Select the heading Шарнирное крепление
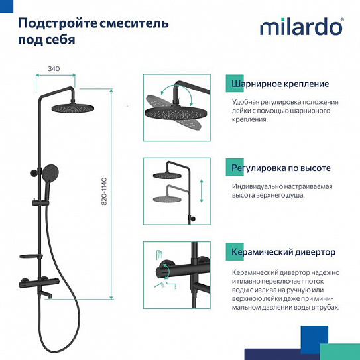pos(280,84)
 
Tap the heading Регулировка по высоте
pos(280,168)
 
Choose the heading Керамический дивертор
pos(283,252)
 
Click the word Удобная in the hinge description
pos(247,102)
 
